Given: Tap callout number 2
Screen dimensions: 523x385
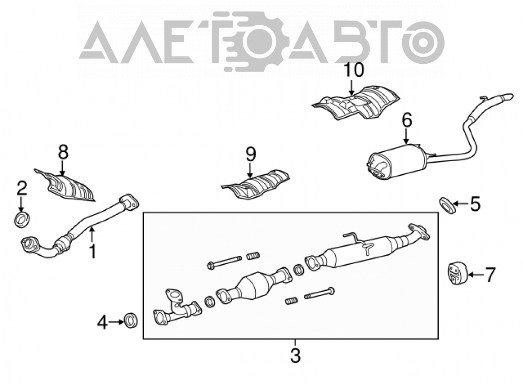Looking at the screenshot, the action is point(21,189).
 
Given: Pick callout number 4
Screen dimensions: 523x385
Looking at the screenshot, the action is point(103,323).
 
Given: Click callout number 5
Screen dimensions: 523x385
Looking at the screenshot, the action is point(475,204).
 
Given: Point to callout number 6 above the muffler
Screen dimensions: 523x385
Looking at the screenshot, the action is point(407,120).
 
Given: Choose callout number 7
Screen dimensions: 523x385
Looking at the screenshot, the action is point(490,275).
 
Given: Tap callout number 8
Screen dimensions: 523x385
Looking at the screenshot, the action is point(63,152).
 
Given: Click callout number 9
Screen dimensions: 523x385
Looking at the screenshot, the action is point(251,154).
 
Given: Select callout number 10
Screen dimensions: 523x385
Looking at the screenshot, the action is point(354,70).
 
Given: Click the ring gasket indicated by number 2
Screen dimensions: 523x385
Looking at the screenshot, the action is point(22,219).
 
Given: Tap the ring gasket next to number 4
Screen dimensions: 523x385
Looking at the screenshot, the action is point(130,320).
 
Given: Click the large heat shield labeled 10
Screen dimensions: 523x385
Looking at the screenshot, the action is point(356,103).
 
